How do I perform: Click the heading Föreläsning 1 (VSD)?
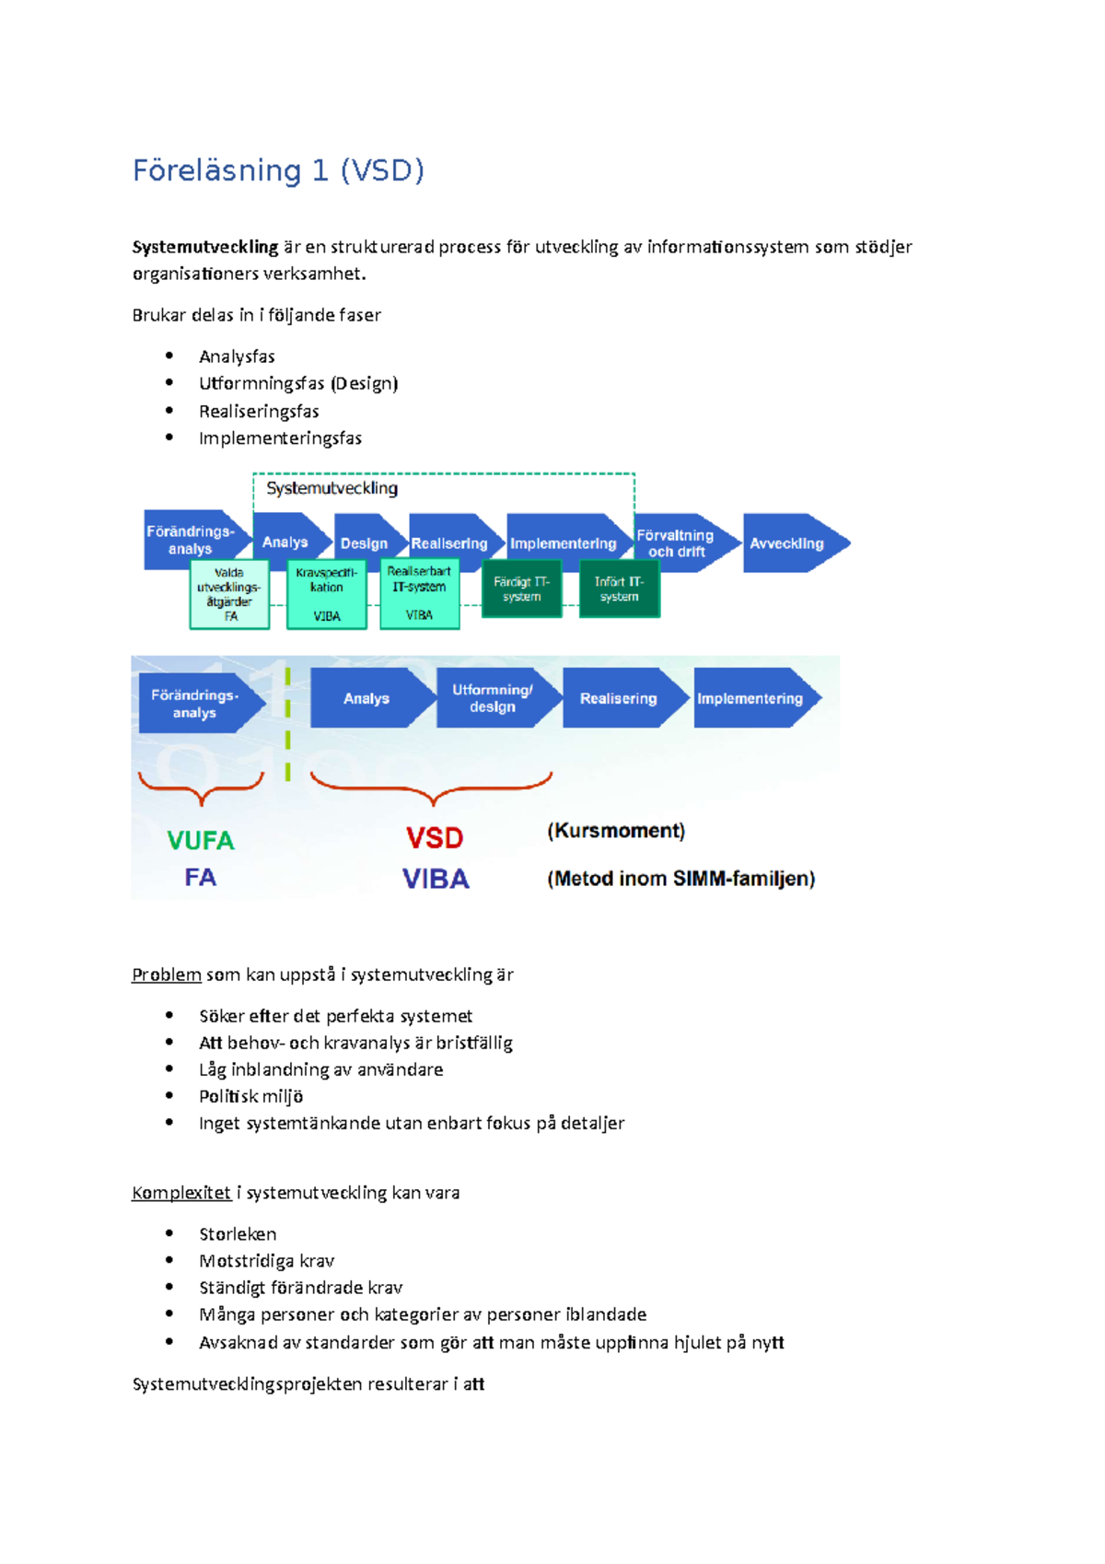[x=278, y=171]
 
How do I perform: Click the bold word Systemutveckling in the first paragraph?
[x=204, y=247]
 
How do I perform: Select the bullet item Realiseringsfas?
[x=259, y=411]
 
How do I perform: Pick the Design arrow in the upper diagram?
[x=366, y=543]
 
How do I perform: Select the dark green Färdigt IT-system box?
[x=521, y=589]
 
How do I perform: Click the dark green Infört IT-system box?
[x=619, y=589]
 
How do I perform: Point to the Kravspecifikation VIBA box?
[x=327, y=595]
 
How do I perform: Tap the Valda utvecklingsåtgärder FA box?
[x=229, y=595]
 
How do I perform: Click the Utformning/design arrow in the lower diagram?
[x=494, y=698]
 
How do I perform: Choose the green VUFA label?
[x=201, y=840]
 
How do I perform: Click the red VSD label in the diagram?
[x=435, y=838]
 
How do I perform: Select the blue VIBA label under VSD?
[x=436, y=879]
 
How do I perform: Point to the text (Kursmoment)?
[x=616, y=831]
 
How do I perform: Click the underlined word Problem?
[x=167, y=975]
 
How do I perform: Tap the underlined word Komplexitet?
[x=181, y=1193]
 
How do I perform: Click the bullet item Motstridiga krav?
[x=266, y=1261]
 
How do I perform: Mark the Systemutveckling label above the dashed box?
[x=331, y=488]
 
